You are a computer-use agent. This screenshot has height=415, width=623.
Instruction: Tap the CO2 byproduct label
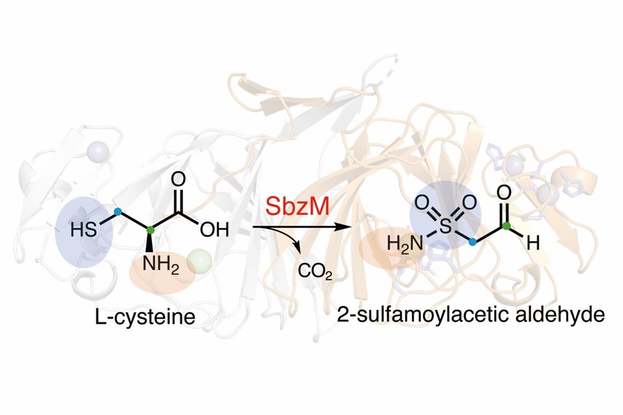click(x=315, y=269)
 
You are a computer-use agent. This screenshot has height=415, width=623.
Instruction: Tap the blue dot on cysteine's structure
click(x=118, y=212)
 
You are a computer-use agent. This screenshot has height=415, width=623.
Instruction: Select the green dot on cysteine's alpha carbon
click(x=151, y=231)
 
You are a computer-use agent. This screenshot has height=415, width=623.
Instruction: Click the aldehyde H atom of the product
click(x=534, y=244)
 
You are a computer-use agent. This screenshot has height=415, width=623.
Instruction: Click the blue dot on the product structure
click(x=473, y=243)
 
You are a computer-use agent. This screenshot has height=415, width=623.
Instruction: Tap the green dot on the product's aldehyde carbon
click(x=506, y=226)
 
